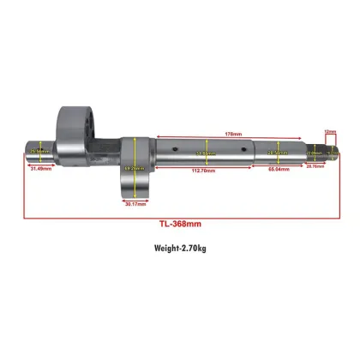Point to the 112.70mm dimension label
pos(204,171)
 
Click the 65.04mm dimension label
pos(277,171)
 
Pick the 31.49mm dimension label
pos(40,169)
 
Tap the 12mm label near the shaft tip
pos(330,131)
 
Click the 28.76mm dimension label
pos(315,167)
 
